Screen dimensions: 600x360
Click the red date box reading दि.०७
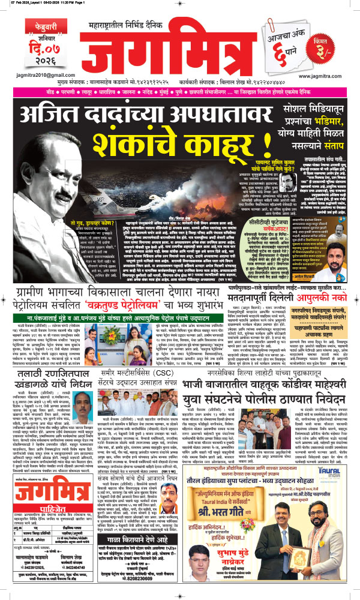point(29,40)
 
